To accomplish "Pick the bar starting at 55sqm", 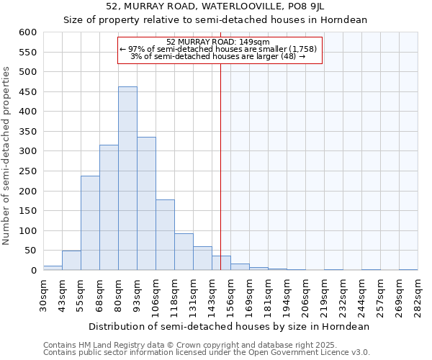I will pos(90,223).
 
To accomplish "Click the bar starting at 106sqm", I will pos(165,235).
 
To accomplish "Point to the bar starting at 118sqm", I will pos(184,252).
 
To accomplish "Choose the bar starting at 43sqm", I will pos(71,261).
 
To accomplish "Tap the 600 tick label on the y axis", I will pos(27,32).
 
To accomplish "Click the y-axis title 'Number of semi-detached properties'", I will pos(6,156).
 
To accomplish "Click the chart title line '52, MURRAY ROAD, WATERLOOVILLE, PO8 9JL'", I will pos(215,6).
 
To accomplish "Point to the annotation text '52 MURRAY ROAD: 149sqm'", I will pos(217,42).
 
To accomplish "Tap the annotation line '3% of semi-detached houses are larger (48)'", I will pos(217,56).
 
